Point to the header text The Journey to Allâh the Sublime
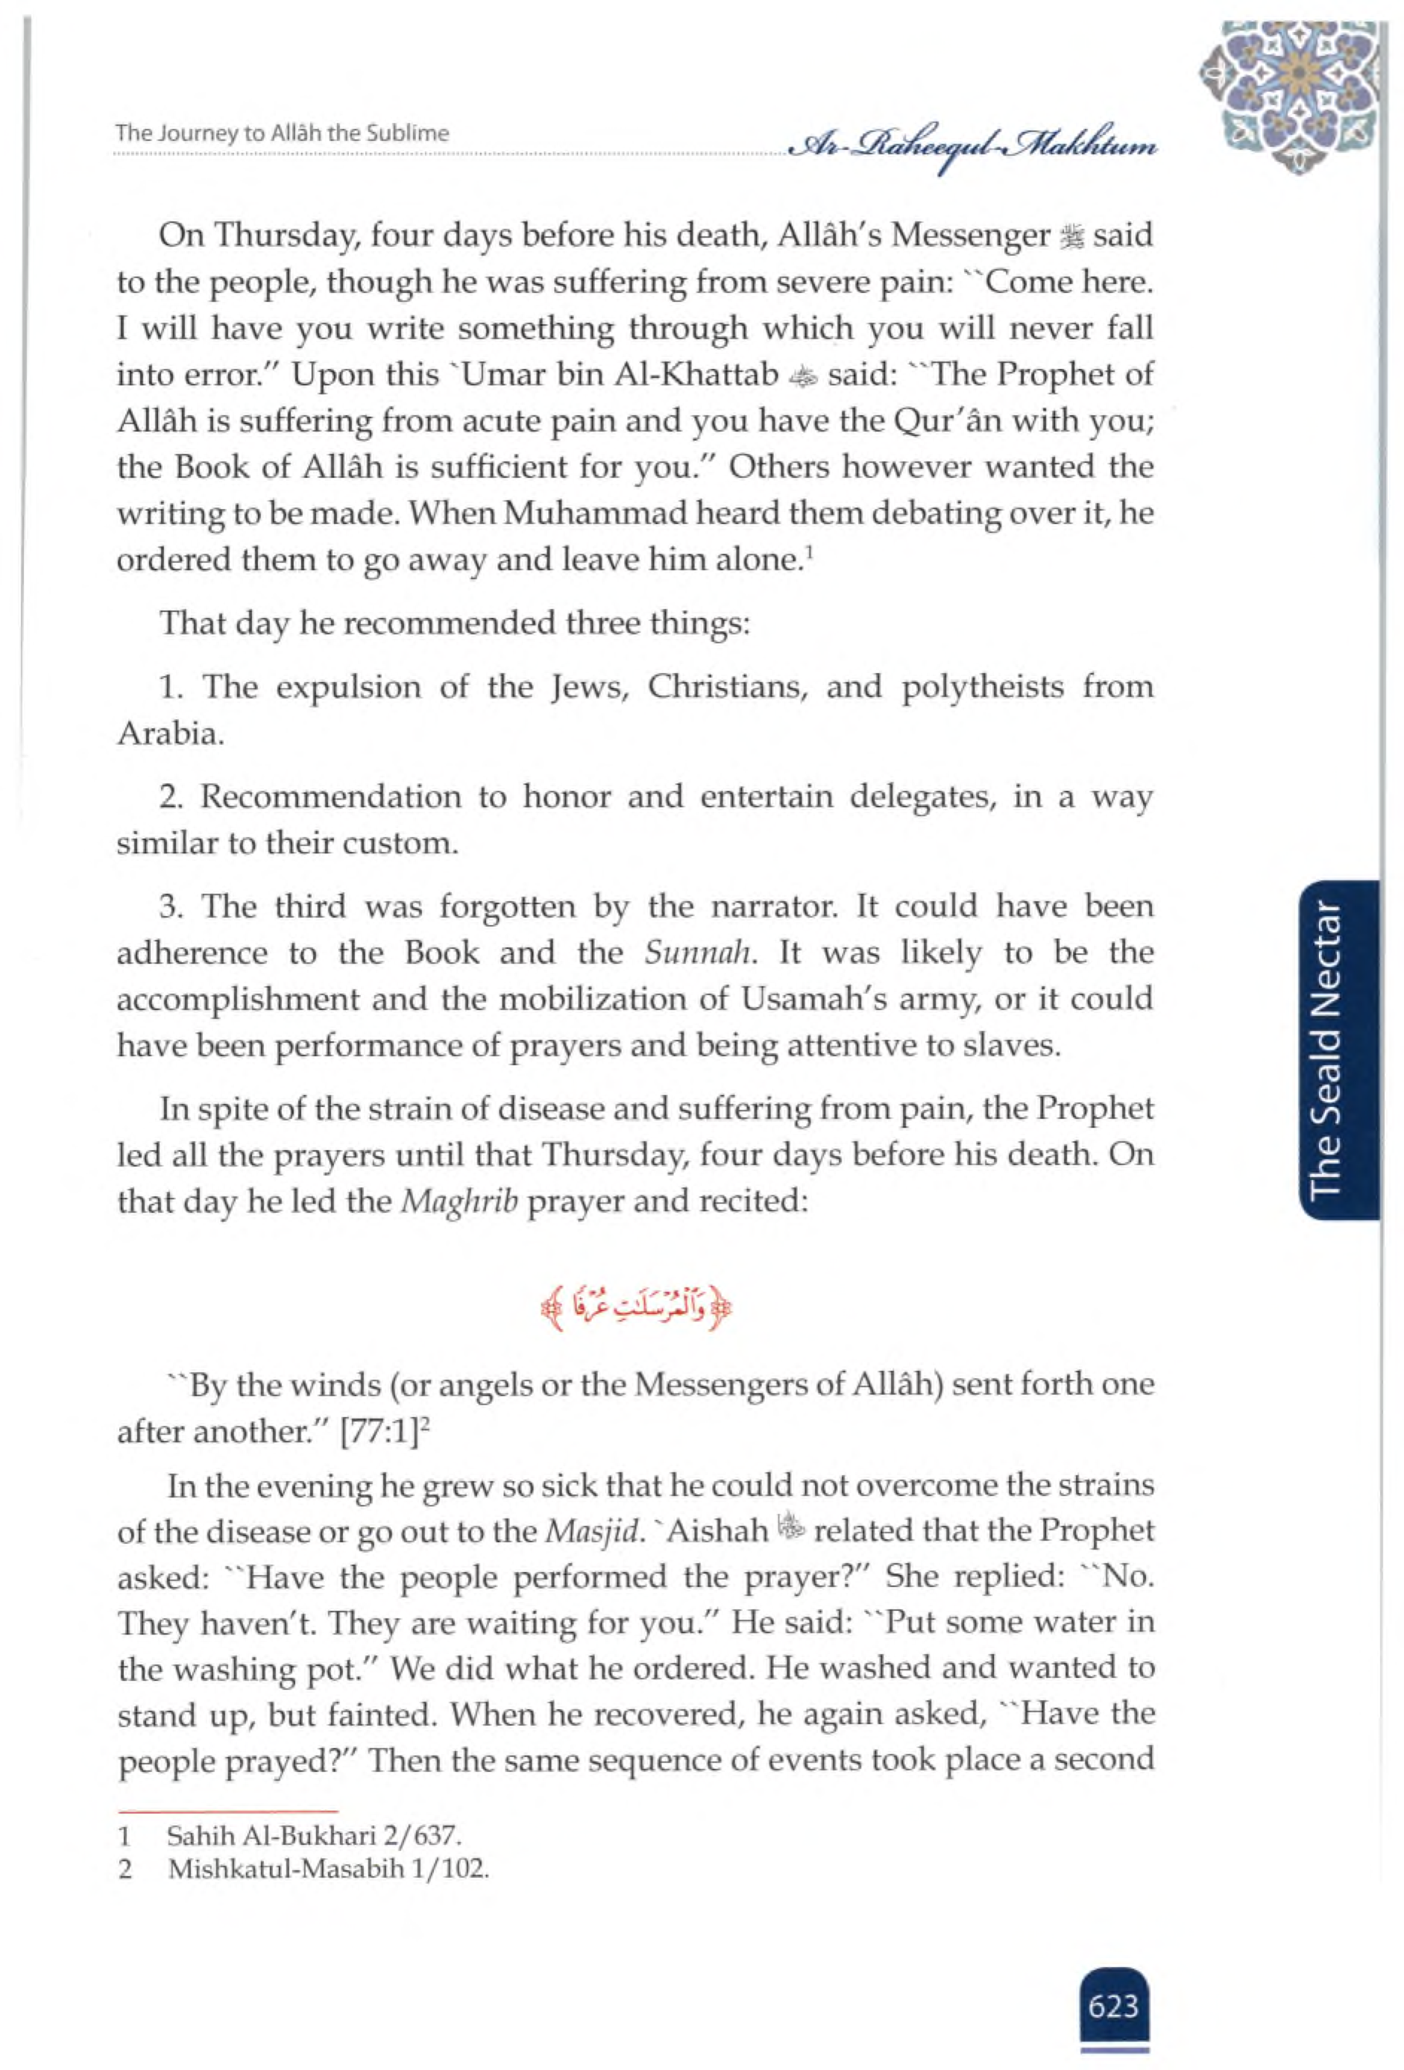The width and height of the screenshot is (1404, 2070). point(283,133)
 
